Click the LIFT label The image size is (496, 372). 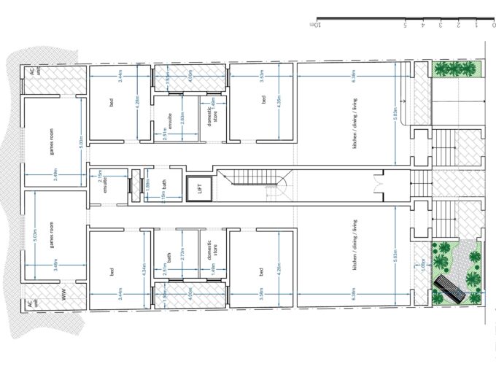(197, 189)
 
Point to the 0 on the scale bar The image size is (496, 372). (492, 25)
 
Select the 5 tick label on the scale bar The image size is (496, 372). (405, 25)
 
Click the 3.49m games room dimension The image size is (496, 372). (56, 173)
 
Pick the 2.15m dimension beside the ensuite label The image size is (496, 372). (100, 175)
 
